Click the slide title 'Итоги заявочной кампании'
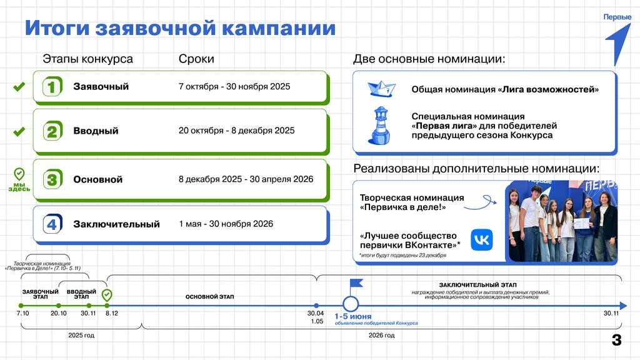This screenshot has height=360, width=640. pyautogui.click(x=180, y=28)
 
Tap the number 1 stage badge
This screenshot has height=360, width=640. pyautogui.click(x=52, y=87)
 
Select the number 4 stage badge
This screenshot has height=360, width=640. pyautogui.click(x=52, y=224)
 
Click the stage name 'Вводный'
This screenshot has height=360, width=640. pyautogui.click(x=96, y=131)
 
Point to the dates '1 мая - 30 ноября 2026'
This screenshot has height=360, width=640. pyautogui.click(x=226, y=224)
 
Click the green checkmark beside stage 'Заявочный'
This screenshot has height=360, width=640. pyautogui.click(x=19, y=87)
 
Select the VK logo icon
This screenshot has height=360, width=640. pyautogui.click(x=481, y=240)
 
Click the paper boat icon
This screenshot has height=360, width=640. pyautogui.click(x=379, y=89)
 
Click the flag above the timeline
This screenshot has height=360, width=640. pyautogui.click(x=356, y=284)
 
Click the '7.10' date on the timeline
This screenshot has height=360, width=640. pyautogui.click(x=22, y=313)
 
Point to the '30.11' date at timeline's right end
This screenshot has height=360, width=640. pyautogui.click(x=611, y=313)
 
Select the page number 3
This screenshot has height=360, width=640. pyautogui.click(x=616, y=341)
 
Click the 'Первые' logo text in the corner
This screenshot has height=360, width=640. pyautogui.click(x=617, y=17)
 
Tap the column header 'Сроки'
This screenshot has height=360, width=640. pyautogui.click(x=196, y=59)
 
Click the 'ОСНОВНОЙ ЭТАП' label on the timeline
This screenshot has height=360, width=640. pyautogui.click(x=209, y=296)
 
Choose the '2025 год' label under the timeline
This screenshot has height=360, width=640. pyautogui.click(x=81, y=336)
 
